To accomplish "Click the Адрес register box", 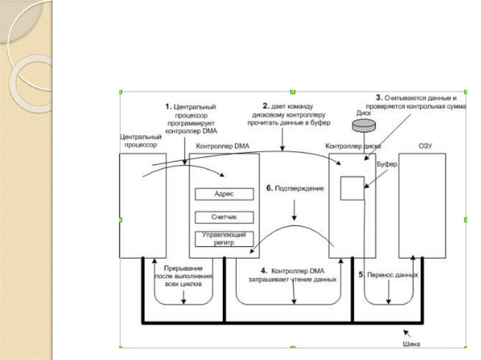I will [x=224, y=194].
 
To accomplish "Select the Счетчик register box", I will [x=224, y=217].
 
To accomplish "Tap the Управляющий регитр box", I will [x=224, y=239].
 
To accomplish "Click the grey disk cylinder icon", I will [x=364, y=124].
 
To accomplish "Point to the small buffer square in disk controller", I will [x=352, y=188].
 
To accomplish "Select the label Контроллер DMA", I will [x=222, y=146].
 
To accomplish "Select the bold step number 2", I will [x=265, y=106].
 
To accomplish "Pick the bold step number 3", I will [x=379, y=98].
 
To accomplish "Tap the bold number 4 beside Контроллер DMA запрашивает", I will [x=264, y=271].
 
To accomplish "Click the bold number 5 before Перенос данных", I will [x=361, y=275].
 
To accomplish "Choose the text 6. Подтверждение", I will [x=295, y=188].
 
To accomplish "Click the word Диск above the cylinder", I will [x=364, y=113].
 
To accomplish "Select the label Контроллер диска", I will [x=353, y=146].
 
